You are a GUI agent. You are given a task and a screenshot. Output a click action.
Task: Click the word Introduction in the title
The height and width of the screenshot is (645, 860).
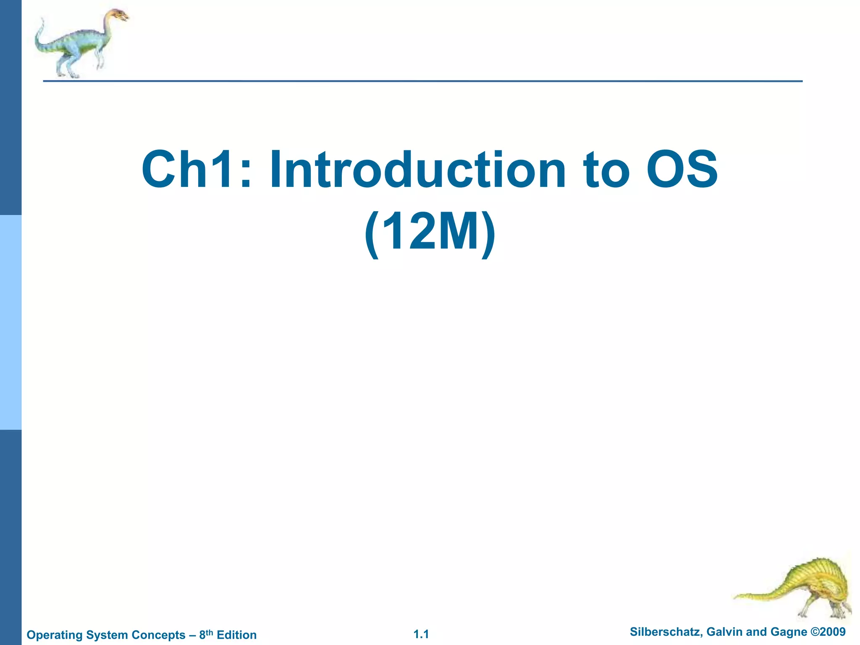point(417,170)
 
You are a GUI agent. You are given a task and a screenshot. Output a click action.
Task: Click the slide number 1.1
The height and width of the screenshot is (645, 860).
point(421,634)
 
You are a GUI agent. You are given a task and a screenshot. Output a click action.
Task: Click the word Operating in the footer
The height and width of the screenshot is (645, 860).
point(55,635)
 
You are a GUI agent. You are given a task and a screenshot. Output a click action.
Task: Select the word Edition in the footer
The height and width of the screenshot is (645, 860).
point(236,635)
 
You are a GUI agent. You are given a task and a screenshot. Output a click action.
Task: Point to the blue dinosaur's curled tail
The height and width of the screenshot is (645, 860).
point(40,36)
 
